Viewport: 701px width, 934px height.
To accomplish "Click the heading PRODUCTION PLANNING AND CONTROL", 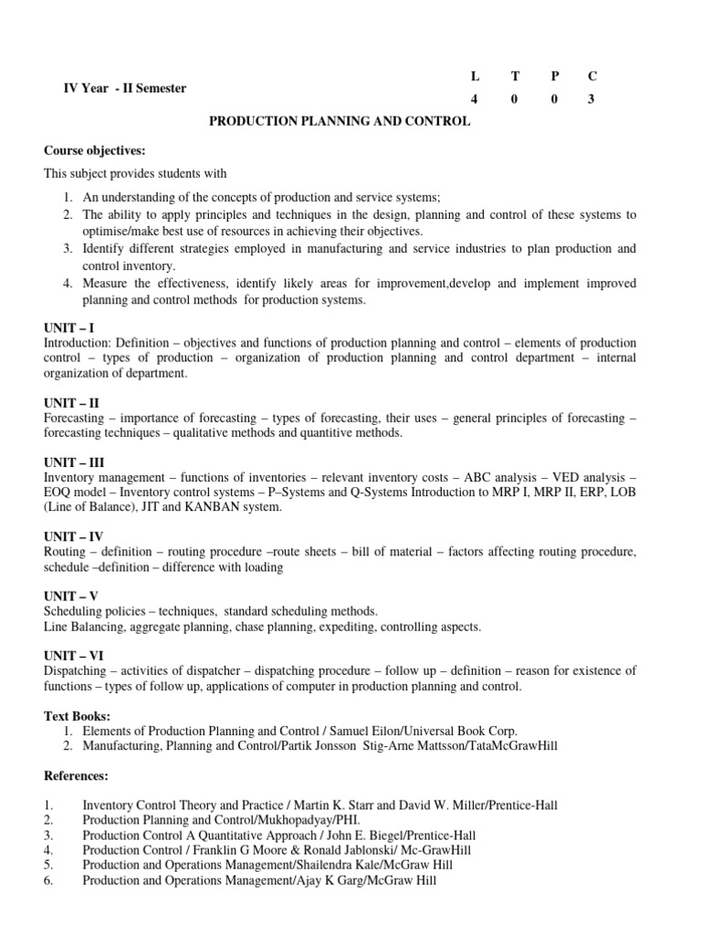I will coord(340,121).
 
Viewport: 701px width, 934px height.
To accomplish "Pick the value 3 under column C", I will coord(591,100).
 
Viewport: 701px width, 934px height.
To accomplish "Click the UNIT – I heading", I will coord(69,327).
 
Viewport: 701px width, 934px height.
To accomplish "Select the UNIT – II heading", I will coord(71,401).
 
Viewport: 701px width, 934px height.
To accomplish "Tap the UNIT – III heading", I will coord(73,462).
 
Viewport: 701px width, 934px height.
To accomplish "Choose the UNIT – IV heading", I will coord(73,537).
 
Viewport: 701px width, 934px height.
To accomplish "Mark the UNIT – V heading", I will coord(71,597).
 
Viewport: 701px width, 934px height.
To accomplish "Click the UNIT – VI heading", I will coord(73,656).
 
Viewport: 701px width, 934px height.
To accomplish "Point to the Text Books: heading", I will coord(78,716).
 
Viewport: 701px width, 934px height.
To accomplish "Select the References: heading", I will coord(77,775).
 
